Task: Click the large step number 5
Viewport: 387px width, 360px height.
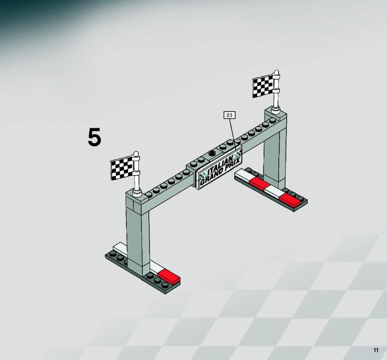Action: click(94, 137)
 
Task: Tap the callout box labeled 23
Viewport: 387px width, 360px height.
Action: click(229, 115)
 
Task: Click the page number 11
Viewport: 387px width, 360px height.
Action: click(376, 350)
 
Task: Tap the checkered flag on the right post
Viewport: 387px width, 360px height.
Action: click(263, 86)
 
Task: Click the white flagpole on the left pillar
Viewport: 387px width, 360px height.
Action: click(136, 174)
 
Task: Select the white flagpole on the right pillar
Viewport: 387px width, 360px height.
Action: click(276, 92)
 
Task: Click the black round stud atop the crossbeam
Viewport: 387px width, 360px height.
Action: click(212, 153)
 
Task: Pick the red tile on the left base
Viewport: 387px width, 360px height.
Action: click(169, 276)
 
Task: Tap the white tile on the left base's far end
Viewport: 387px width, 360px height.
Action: click(120, 247)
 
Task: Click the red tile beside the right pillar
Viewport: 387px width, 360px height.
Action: click(259, 183)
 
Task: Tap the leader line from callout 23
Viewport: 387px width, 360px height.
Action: click(233, 134)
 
